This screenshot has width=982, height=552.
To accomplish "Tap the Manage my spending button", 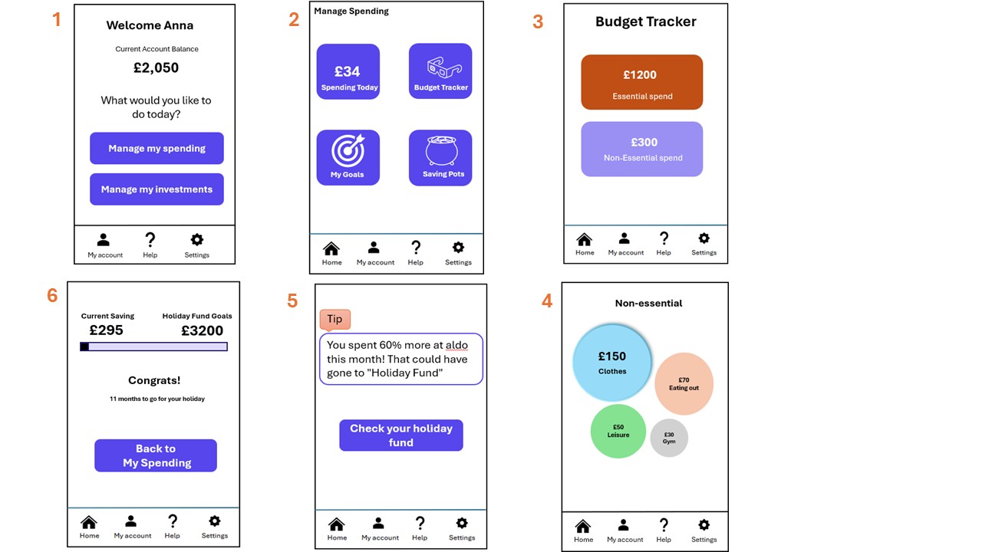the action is coord(157,148).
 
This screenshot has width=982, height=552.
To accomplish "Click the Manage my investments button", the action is coord(157,189).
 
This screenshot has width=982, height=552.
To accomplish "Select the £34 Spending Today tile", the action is coord(348,71).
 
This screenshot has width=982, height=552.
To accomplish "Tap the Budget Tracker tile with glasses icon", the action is coord(440,71).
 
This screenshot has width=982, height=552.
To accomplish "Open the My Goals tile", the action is coord(348,158).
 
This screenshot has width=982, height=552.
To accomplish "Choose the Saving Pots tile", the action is coord(440,158).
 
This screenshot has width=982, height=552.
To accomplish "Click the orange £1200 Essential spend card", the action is coord(642,82).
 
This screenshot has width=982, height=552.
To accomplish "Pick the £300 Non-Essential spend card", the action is coord(642,149).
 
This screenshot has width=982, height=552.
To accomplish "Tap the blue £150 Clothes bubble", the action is coord(612,363).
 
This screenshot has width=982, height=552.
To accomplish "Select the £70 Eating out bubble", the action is coord(684,384).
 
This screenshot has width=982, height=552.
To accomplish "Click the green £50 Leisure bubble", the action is coord(618,431).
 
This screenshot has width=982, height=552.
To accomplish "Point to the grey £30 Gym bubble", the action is coord(669,438).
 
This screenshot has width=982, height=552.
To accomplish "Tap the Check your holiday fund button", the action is coord(401,435).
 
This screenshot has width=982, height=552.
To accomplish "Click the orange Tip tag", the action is coord(335,320).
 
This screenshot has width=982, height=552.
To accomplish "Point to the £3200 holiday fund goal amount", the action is coord(202,330).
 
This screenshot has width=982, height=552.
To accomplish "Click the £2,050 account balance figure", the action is coord(156,68).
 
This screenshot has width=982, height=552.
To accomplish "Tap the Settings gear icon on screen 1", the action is coord(197,240).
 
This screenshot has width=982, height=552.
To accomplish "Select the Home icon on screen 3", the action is coord(585,239).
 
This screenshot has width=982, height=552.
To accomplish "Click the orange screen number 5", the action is coord(292,301).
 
